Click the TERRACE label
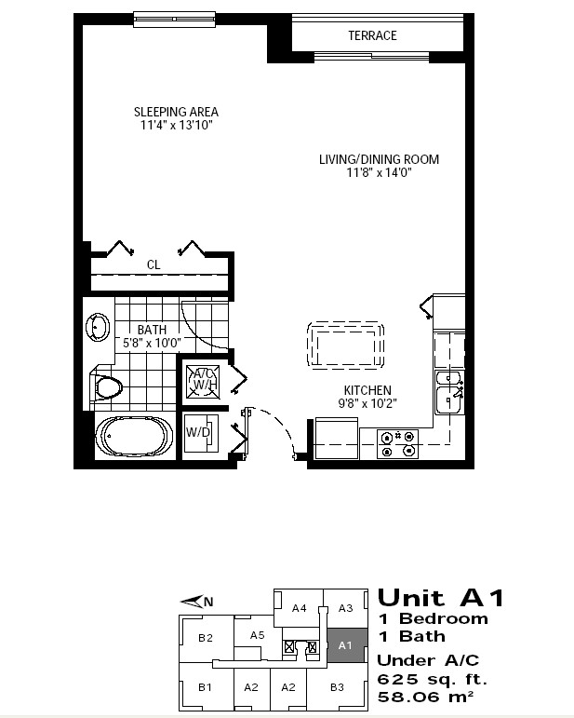click(x=372, y=35)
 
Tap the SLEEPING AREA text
click(x=176, y=112)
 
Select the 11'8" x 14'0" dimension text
click(x=380, y=172)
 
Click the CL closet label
click(x=154, y=264)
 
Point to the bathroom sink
click(x=98, y=328)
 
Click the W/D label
click(x=198, y=432)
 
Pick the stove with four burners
click(x=397, y=443)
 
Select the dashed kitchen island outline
click(x=345, y=345)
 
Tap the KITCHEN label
click(x=367, y=390)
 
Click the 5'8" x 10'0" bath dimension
click(x=152, y=343)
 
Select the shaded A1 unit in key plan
click(x=346, y=645)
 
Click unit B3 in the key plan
click(x=337, y=687)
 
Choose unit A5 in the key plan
click(x=258, y=635)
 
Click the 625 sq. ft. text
click(x=433, y=679)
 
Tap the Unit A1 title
click(x=441, y=598)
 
